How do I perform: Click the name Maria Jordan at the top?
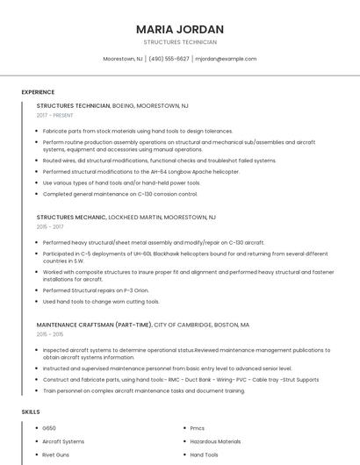180,29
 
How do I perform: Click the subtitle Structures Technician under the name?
180,42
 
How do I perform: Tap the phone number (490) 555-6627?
169,59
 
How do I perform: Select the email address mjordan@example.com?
226,59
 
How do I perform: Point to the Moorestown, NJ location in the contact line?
123,59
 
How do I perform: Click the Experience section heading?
38,92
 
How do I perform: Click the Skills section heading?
31,411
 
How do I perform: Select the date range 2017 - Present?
55,115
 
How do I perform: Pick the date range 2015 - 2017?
51,226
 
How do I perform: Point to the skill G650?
49,428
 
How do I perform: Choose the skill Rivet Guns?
55,455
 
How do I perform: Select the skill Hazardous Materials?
215,441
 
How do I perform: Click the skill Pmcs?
198,428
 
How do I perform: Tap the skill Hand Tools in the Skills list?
205,455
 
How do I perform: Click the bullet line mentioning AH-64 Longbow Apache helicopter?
128,172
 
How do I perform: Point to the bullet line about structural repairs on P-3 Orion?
96,290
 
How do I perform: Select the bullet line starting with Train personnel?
143,390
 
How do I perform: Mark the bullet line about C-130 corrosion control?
120,194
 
